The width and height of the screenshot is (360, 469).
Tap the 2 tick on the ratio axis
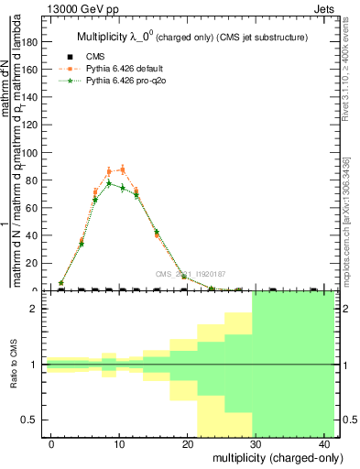click(x=39, y=309)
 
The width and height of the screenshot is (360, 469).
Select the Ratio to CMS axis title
click(x=15, y=365)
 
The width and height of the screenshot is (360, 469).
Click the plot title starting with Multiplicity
click(x=190, y=37)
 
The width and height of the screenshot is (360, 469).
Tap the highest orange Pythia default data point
click(x=123, y=169)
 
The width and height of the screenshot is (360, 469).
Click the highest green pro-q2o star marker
click(x=108, y=183)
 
